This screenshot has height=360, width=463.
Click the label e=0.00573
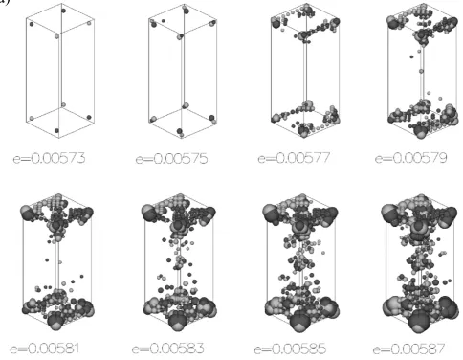click(x=50, y=158)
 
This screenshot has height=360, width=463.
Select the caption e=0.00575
click(x=171, y=159)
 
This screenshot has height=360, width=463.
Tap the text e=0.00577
click(x=294, y=158)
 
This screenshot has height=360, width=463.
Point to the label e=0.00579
click(x=411, y=158)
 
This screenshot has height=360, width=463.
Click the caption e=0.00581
click(x=45, y=349)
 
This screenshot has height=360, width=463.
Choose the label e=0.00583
click(x=167, y=349)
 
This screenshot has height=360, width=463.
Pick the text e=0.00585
click(x=290, y=349)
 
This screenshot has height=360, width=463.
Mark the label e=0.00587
click(x=408, y=349)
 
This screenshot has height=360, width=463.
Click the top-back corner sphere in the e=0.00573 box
click(x=63, y=11)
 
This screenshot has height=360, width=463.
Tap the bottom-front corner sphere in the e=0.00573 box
click(x=57, y=131)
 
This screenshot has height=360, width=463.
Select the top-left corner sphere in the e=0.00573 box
click(x=32, y=24)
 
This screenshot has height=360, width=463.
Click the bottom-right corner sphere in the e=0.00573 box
click(x=89, y=118)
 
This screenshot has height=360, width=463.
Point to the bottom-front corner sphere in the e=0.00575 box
click(x=180, y=131)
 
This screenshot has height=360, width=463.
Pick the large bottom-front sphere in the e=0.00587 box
click(x=418, y=320)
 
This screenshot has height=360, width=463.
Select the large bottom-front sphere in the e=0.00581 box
click(x=55, y=321)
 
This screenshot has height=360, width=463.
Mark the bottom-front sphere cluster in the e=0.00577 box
click(x=303, y=130)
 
